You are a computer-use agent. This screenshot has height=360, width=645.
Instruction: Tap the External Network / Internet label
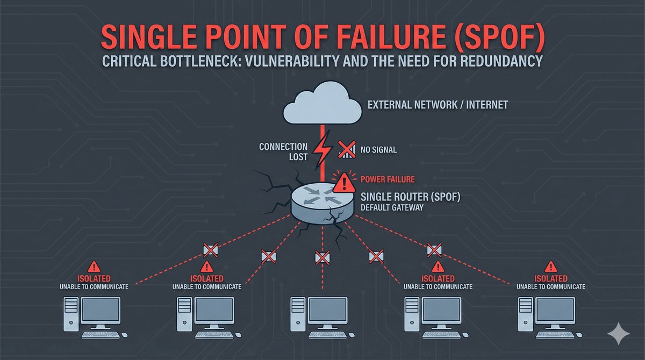tap(437, 105)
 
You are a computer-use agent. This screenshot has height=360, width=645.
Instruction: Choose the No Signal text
tap(379, 150)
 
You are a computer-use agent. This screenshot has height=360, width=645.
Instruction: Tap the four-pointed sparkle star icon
tap(618, 335)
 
